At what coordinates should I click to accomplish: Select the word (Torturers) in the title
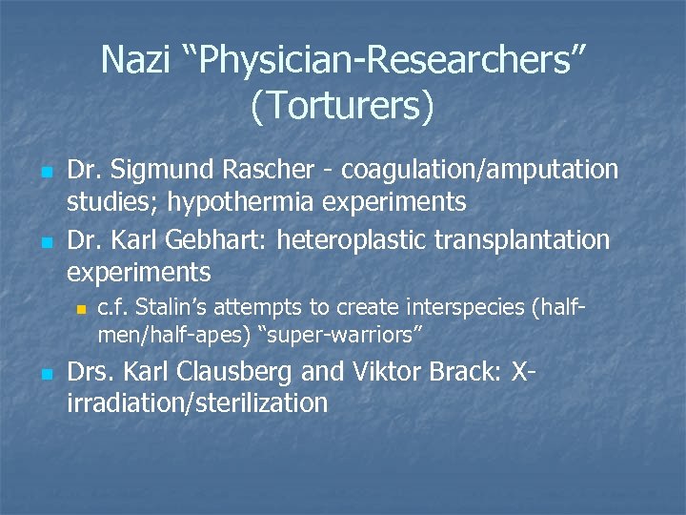pos(342,106)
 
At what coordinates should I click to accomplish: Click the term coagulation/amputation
pos(480,171)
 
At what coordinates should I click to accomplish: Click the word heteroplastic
pos(365,239)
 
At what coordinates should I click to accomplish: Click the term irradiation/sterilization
pos(197,402)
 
